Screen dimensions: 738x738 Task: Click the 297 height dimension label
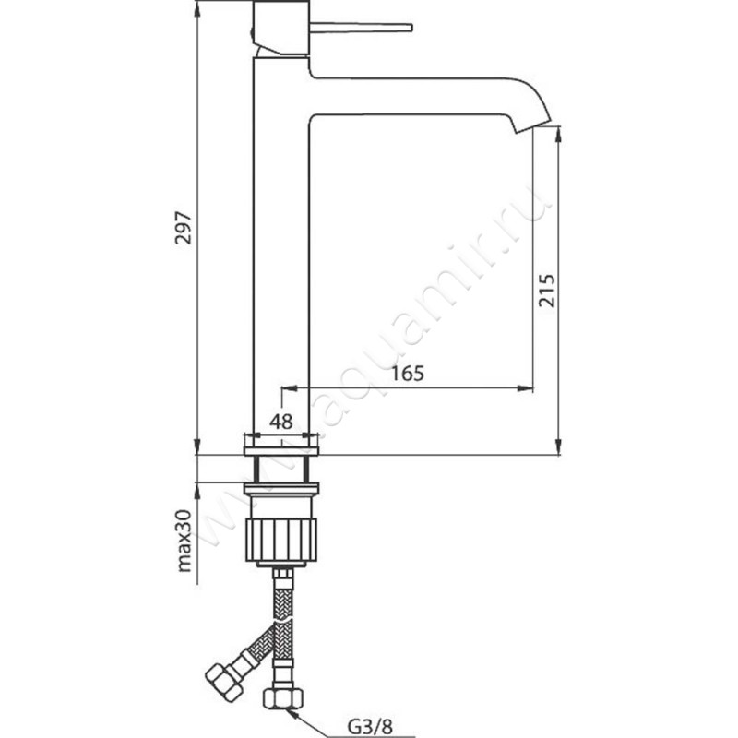click(x=184, y=228)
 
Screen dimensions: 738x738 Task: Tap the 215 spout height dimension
click(x=546, y=291)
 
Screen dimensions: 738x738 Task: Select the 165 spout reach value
click(x=408, y=374)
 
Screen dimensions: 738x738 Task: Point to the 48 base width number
click(x=281, y=422)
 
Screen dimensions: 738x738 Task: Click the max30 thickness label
click(x=184, y=541)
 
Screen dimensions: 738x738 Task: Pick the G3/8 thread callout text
click(x=370, y=727)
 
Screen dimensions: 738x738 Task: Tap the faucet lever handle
click(x=361, y=28)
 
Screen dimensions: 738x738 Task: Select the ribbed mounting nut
click(x=281, y=540)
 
